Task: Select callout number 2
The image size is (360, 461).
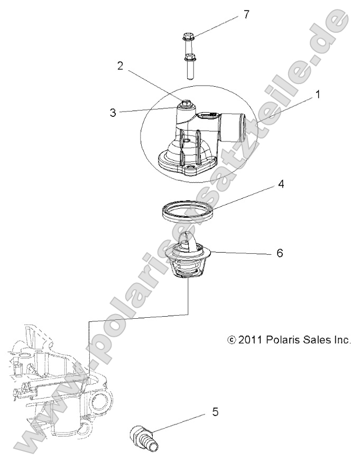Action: [121, 66]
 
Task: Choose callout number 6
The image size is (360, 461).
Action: [280, 253]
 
